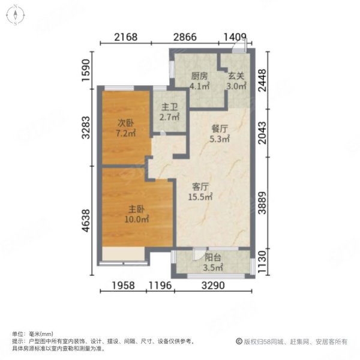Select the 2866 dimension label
[x=185, y=37]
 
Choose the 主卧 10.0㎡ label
[x=137, y=215]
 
